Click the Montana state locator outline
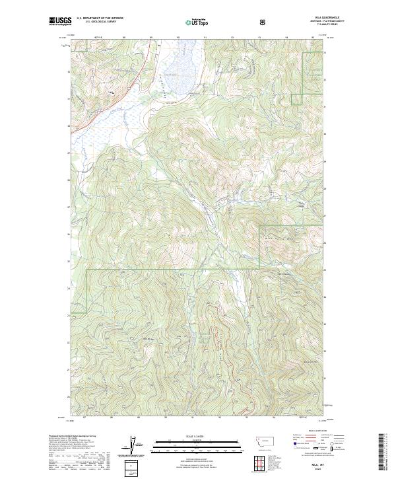(x=257, y=440)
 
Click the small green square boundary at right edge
(x=296, y=99)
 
